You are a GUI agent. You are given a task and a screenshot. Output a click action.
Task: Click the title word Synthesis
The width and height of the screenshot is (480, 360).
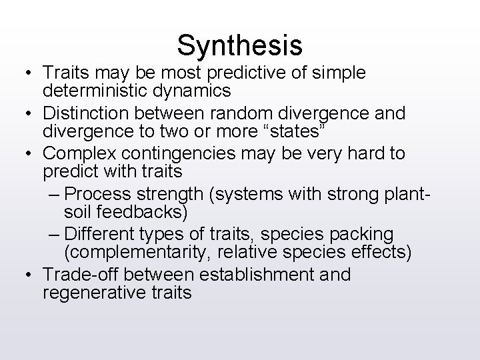240,45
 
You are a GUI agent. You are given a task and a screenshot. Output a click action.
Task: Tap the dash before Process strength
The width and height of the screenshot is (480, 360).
57,194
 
